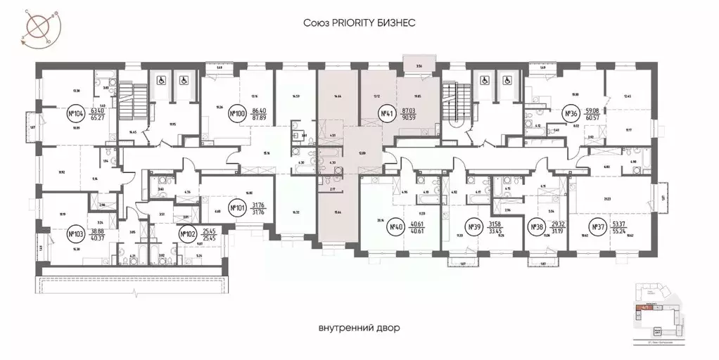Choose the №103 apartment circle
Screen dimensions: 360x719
pos(75,233)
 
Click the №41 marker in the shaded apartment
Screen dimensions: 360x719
pos(385,113)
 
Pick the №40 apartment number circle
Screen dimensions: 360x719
pos(395,227)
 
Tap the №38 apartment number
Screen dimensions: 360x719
pos(534,227)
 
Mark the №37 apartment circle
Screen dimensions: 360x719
pos(597,227)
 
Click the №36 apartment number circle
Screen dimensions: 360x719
pos(571,113)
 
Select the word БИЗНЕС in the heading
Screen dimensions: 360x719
pos(400,22)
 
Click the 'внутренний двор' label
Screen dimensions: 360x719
pos(359,328)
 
